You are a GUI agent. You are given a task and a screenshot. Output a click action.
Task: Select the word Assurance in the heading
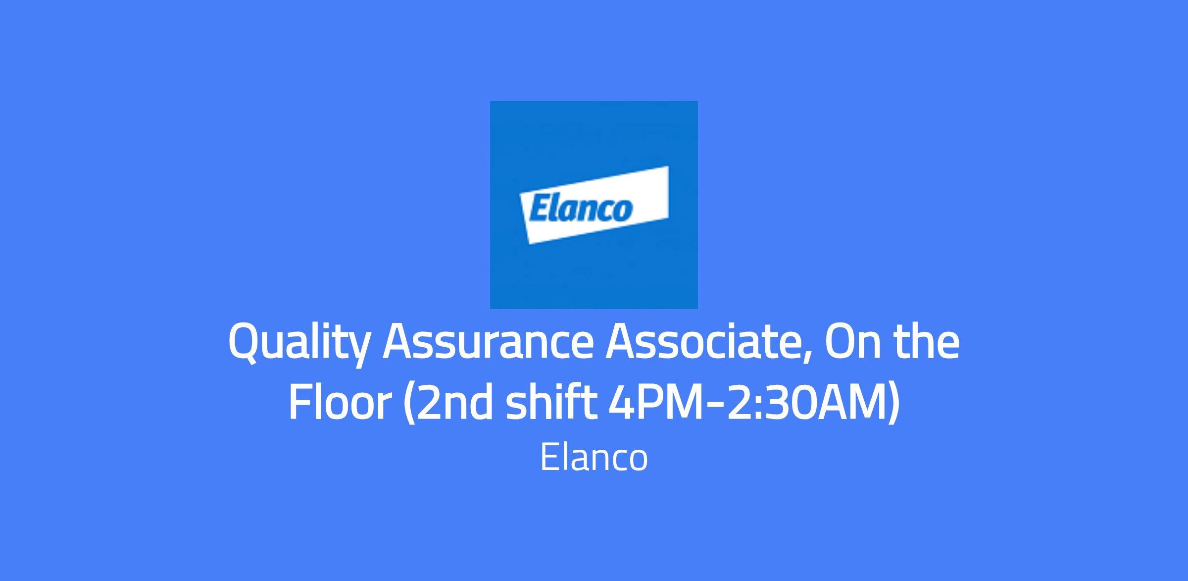tap(488, 343)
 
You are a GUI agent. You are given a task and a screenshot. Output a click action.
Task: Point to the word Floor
tap(340, 403)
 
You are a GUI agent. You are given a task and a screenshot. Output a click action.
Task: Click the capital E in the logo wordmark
tap(539, 208)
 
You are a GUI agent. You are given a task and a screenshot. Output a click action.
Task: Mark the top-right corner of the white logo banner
tap(669, 166)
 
